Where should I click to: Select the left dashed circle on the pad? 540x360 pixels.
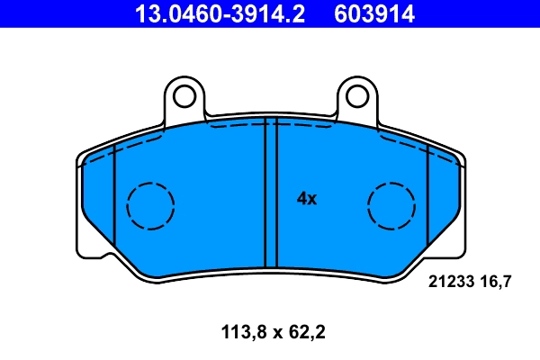150,205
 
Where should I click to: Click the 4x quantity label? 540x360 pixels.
307,199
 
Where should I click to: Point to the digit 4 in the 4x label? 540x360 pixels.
301,199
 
